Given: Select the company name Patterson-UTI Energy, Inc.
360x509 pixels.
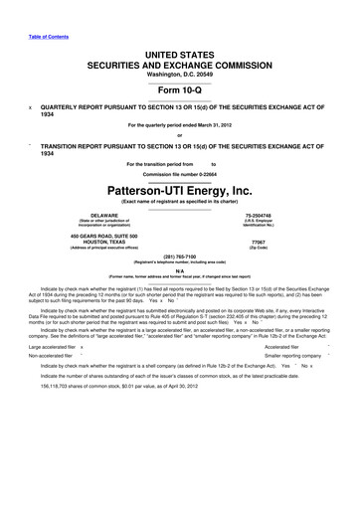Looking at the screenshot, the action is (x=180, y=189).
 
